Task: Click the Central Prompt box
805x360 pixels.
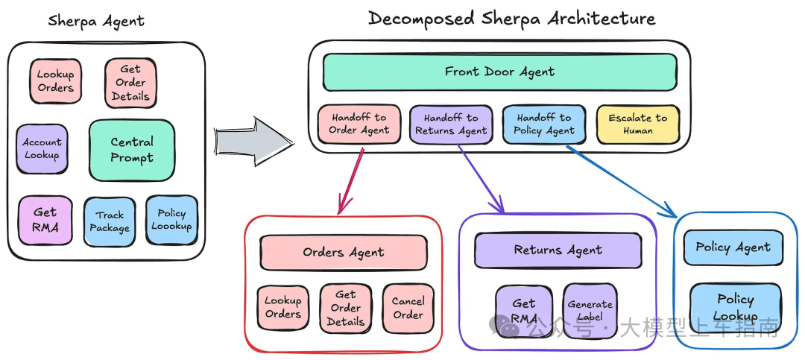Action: click(132, 150)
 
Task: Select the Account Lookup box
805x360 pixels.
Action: click(42, 149)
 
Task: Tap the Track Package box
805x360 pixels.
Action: click(110, 222)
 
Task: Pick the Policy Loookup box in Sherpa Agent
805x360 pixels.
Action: click(171, 220)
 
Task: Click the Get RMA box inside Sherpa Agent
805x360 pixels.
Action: click(45, 220)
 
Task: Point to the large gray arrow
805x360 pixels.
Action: click(253, 142)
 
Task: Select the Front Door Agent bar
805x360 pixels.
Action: click(499, 72)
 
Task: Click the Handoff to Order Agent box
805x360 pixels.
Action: click(359, 124)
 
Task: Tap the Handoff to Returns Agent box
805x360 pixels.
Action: click(451, 124)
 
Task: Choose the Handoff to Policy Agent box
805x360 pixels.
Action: click(543, 124)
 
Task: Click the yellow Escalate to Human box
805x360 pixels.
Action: click(638, 124)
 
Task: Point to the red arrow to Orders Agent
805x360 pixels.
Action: click(350, 181)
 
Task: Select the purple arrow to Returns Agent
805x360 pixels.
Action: click(481, 179)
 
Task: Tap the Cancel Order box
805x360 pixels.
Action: click(408, 308)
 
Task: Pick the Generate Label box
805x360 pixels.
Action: click(590, 311)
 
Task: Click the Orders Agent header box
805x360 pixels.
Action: click(344, 253)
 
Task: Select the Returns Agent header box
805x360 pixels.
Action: click(558, 250)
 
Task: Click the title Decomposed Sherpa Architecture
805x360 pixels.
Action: click(512, 19)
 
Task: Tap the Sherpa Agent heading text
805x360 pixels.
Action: click(96, 21)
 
